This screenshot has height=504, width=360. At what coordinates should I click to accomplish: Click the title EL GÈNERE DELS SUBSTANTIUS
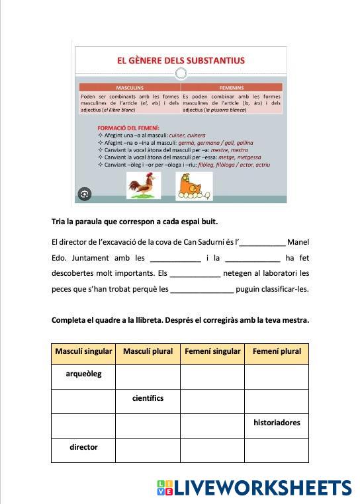pos(181,60)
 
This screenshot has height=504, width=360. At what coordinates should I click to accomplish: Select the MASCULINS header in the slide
pos(130,87)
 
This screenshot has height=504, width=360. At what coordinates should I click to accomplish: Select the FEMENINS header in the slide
pos(232,87)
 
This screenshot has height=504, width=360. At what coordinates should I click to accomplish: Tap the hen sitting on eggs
pos(193,186)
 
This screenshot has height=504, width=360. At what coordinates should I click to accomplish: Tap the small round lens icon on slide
pos(84,194)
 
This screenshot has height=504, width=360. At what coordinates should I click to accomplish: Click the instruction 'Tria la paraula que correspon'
pos(134,221)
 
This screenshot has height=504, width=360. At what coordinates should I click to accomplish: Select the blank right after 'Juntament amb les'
pos(175,259)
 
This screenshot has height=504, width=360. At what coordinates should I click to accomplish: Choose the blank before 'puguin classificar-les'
pos(202,290)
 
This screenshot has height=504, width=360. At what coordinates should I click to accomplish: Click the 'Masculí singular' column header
pos(83,352)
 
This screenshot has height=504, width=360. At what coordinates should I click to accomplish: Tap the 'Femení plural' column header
pos(277,352)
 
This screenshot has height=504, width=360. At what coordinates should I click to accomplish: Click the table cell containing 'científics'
pos(148,399)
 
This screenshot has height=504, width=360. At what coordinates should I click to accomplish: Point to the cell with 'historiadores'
pos(277,423)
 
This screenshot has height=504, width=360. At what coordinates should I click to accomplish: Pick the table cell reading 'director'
pos(83,448)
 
